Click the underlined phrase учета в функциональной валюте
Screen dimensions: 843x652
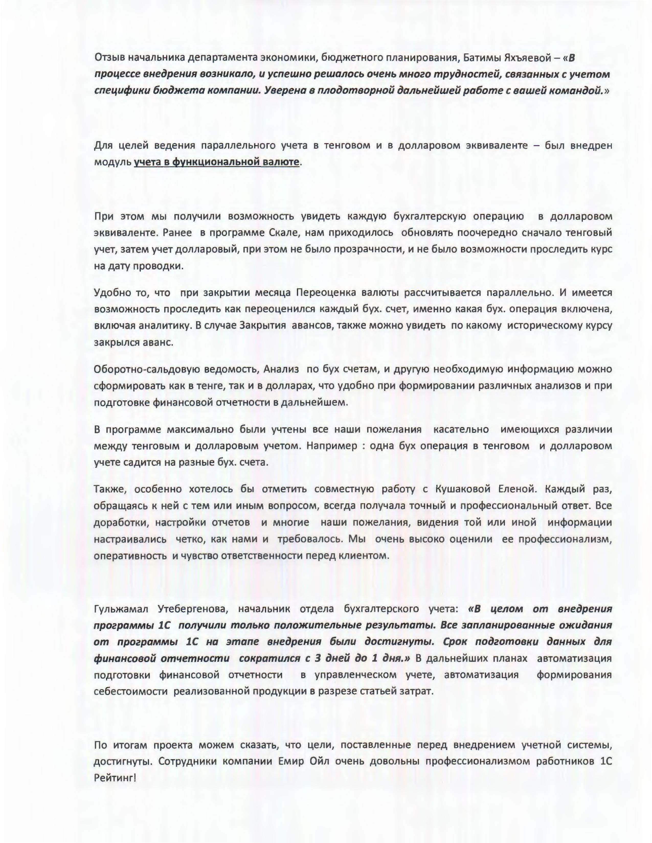click(x=216, y=162)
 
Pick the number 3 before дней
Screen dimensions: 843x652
click(x=318, y=659)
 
